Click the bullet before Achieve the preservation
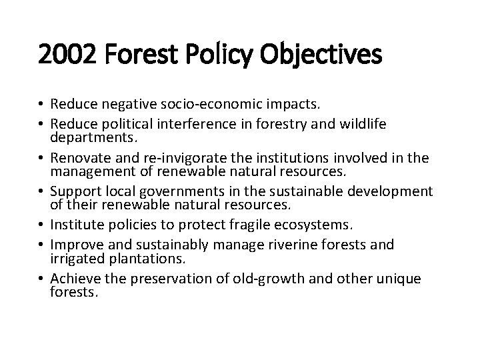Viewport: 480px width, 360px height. [42, 279]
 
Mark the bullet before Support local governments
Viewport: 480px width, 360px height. [42, 192]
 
